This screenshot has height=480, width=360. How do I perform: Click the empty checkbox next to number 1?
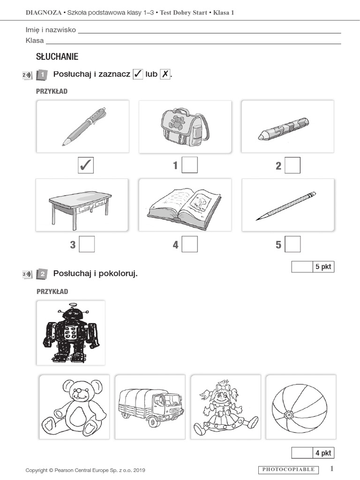tap(189, 165)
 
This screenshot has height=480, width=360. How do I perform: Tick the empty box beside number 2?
tap(292, 165)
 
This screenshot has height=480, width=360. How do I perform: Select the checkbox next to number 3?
tap(87, 244)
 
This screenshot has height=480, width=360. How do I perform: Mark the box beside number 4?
tap(189, 244)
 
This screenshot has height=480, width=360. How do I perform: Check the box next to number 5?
tap(292, 244)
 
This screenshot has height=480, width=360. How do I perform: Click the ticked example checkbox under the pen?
tap(86, 165)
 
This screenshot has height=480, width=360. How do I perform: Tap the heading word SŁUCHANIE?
tap(57, 57)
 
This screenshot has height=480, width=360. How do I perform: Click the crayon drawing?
tap(284, 129)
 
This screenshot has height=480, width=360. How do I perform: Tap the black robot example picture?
tap(71, 333)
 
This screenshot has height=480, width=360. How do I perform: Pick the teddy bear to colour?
tap(74, 406)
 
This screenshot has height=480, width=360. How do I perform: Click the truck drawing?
tap(150, 407)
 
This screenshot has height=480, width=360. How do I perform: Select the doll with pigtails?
tap(225, 406)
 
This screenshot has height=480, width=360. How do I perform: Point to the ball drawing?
tap(300, 406)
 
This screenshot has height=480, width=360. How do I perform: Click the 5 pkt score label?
tap(323, 267)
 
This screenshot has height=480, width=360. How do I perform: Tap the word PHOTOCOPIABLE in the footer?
tap(288, 469)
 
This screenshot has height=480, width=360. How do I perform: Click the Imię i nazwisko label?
tap(51, 30)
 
